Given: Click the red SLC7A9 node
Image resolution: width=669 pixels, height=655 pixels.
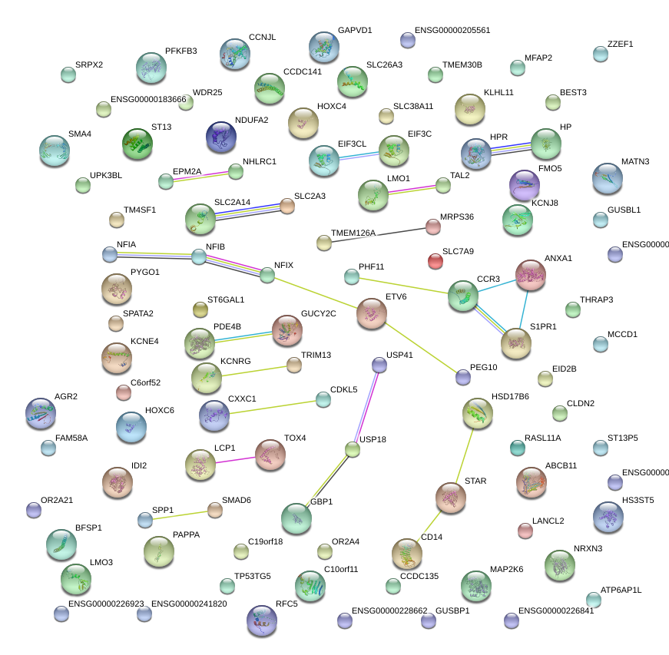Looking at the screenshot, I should click(x=436, y=261).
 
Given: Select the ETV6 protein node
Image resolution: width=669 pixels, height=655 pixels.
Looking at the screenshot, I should click(x=372, y=313).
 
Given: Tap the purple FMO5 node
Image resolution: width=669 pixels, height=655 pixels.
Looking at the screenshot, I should click(x=525, y=184).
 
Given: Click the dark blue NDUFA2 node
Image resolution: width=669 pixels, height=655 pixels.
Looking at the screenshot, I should click(x=221, y=136).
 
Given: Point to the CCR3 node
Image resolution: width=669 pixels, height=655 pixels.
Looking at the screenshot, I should click(x=463, y=295).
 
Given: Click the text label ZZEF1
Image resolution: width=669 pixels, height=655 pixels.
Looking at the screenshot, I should click(x=621, y=44).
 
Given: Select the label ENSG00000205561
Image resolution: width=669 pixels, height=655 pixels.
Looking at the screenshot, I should click(x=452, y=31).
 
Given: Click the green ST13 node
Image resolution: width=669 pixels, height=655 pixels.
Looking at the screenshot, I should click(x=138, y=144).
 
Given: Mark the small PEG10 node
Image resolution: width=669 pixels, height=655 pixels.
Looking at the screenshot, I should click(x=462, y=377).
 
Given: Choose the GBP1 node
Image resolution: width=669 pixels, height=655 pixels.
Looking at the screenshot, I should click(x=296, y=519).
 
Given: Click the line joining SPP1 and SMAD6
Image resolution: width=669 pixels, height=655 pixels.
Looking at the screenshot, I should click(x=180, y=514).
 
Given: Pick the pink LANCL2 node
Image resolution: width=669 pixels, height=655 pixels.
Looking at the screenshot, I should click(x=525, y=530).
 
